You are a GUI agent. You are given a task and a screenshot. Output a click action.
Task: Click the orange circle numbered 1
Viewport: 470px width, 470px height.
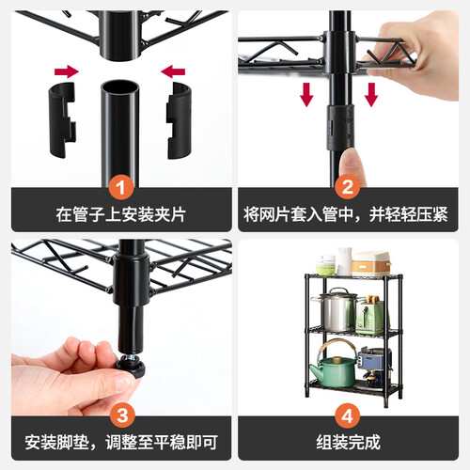click(x=121, y=188)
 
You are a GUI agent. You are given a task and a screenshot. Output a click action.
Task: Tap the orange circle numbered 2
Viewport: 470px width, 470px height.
click(x=348, y=187)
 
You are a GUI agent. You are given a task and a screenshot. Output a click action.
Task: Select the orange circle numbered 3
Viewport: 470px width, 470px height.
click(x=122, y=415)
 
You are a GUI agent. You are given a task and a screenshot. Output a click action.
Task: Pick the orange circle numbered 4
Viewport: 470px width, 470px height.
click(x=348, y=415)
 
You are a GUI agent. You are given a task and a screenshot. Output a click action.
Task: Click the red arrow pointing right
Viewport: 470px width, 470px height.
click(x=67, y=71)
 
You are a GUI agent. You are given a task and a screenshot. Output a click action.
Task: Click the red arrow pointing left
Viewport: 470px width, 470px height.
click(x=173, y=71)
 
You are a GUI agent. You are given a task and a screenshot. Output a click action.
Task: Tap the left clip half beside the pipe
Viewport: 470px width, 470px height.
click(x=62, y=119)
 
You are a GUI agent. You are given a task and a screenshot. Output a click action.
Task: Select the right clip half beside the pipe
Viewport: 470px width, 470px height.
click(x=179, y=120)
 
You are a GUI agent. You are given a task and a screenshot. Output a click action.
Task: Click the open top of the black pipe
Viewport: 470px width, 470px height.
click(x=120, y=86)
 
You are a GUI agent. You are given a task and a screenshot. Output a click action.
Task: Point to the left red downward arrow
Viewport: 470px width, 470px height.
click(x=306, y=95)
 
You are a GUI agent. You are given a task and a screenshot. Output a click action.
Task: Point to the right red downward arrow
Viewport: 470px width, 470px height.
click(x=371, y=95)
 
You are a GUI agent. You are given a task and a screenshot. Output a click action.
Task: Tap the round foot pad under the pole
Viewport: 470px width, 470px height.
click(x=131, y=368)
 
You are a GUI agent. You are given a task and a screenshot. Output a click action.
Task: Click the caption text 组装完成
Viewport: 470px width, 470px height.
click(x=348, y=442)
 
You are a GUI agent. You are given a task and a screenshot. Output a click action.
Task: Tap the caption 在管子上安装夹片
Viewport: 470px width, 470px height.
click(x=121, y=214)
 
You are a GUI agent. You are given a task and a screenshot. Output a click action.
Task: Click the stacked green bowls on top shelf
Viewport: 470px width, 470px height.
click(x=326, y=265)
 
